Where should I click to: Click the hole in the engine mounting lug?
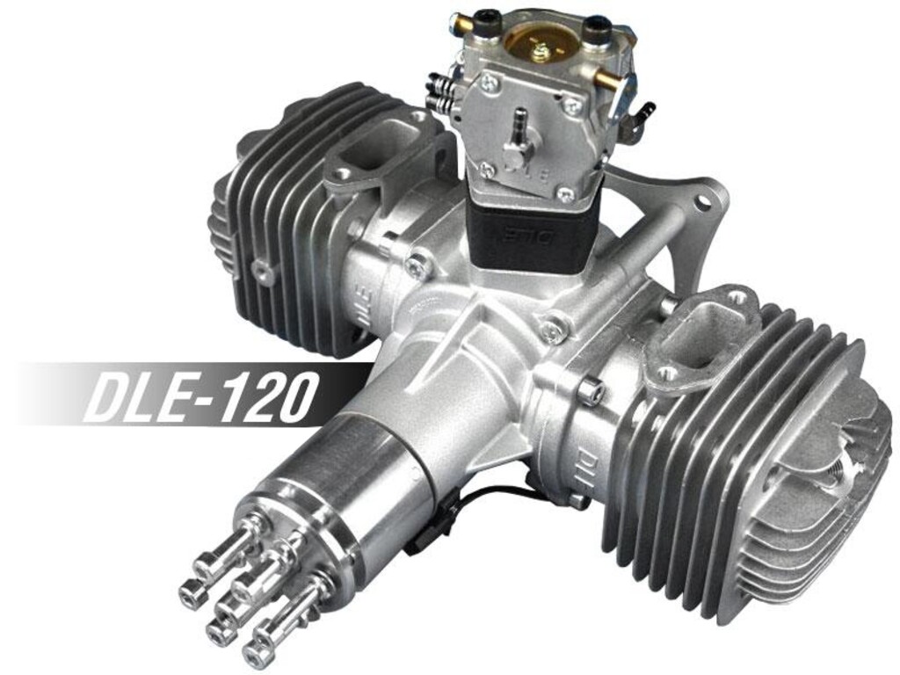[703, 203]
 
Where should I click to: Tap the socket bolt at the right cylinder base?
[590, 384]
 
